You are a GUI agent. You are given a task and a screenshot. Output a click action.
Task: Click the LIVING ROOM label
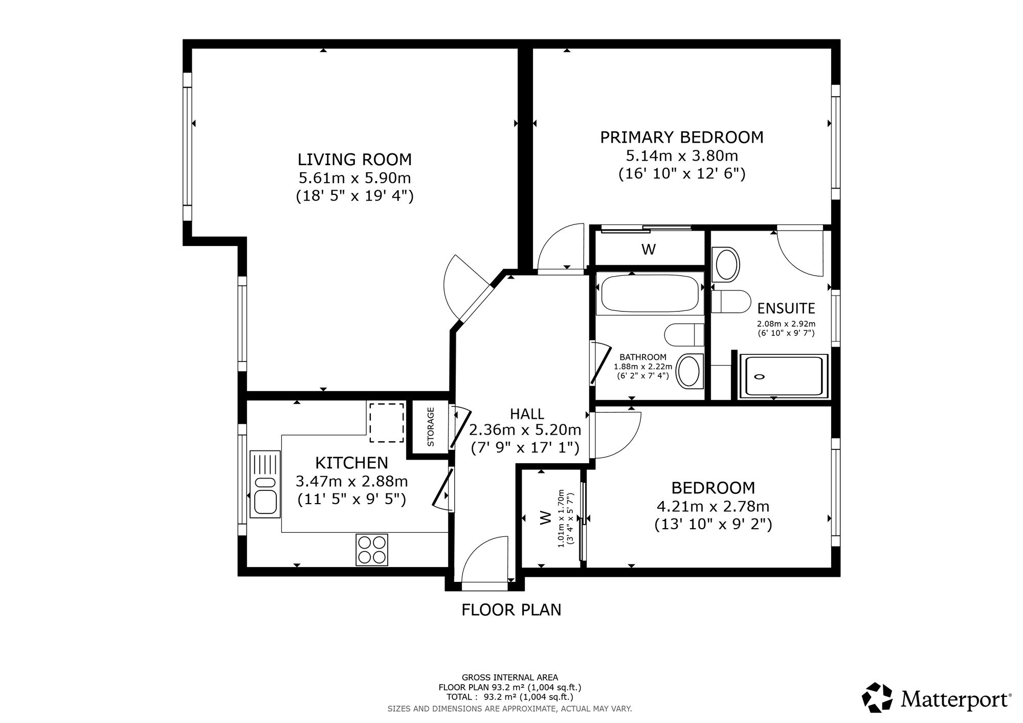point(354,160)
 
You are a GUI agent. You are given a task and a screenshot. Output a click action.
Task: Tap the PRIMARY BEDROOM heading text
point(682,138)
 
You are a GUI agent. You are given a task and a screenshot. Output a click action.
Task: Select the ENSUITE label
point(786,308)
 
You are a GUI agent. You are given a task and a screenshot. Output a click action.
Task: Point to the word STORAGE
point(431,426)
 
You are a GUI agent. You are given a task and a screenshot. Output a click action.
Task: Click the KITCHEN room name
point(352,463)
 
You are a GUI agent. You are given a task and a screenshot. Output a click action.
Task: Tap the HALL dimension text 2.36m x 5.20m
point(525,430)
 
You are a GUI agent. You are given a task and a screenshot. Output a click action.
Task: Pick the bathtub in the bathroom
point(650,295)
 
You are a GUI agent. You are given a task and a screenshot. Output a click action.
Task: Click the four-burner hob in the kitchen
point(372,550)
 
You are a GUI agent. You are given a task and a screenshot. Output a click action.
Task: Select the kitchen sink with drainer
point(264,484)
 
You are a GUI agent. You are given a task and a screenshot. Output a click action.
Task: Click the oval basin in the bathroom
point(689,371)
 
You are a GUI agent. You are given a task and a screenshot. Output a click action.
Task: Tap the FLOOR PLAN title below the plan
point(511,610)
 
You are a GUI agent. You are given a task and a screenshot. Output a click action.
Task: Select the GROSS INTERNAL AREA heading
point(510,677)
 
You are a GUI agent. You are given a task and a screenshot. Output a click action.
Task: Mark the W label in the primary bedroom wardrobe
point(649,250)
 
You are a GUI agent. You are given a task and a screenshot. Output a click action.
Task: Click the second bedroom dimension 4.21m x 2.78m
point(713,506)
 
